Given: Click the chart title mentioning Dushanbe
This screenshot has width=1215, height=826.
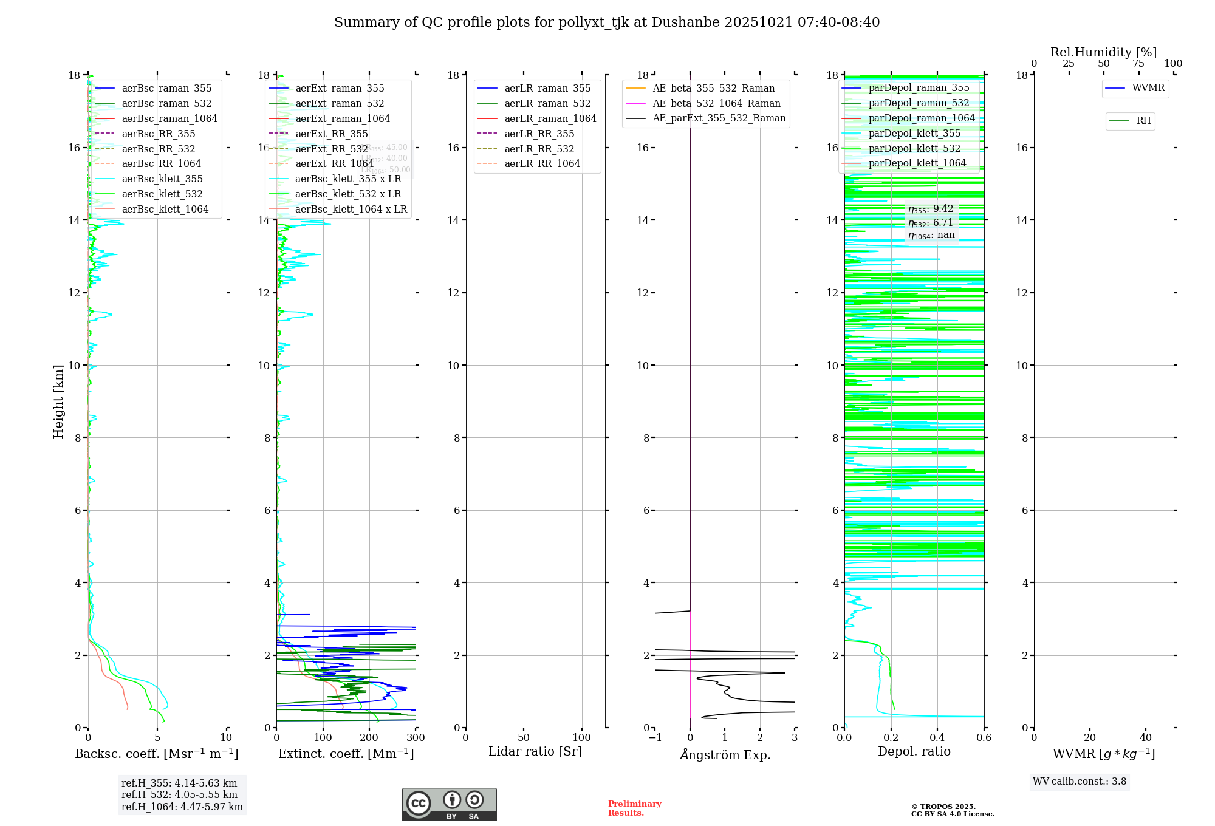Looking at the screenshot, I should pyautogui.click(x=607, y=22).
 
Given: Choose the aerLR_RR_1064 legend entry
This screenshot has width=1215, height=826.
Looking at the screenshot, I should pyautogui.click(x=542, y=163).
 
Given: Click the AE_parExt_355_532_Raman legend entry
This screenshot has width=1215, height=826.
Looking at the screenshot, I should pyautogui.click(x=719, y=118).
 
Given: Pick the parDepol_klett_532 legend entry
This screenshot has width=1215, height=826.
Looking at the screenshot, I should pyautogui.click(x=914, y=148).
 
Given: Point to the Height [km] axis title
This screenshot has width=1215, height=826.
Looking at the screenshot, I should pyautogui.click(x=58, y=401).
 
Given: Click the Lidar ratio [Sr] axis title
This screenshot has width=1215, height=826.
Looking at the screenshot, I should pyautogui.click(x=535, y=752).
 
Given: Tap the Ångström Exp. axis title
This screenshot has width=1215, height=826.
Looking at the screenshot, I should pyautogui.click(x=725, y=754).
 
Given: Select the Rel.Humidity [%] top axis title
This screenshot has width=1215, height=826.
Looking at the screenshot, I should pyautogui.click(x=1103, y=52).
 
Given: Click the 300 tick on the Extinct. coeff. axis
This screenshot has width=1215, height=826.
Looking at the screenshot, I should pyautogui.click(x=416, y=738).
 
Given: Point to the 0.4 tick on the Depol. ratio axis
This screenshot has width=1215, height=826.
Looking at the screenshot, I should pyautogui.click(x=937, y=738).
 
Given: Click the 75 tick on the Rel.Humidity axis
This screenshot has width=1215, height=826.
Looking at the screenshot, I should pyautogui.click(x=1138, y=64).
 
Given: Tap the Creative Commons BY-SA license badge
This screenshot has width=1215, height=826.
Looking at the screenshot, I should pyautogui.click(x=449, y=804).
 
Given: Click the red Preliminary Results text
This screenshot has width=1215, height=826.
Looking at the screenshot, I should pyautogui.click(x=634, y=808).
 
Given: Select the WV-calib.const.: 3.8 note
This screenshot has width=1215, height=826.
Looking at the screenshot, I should pyautogui.click(x=1079, y=782).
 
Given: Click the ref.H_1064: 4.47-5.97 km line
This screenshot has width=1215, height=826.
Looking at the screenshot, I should pyautogui.click(x=182, y=807).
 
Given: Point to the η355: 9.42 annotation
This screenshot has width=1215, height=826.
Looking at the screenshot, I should pyautogui.click(x=931, y=209).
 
